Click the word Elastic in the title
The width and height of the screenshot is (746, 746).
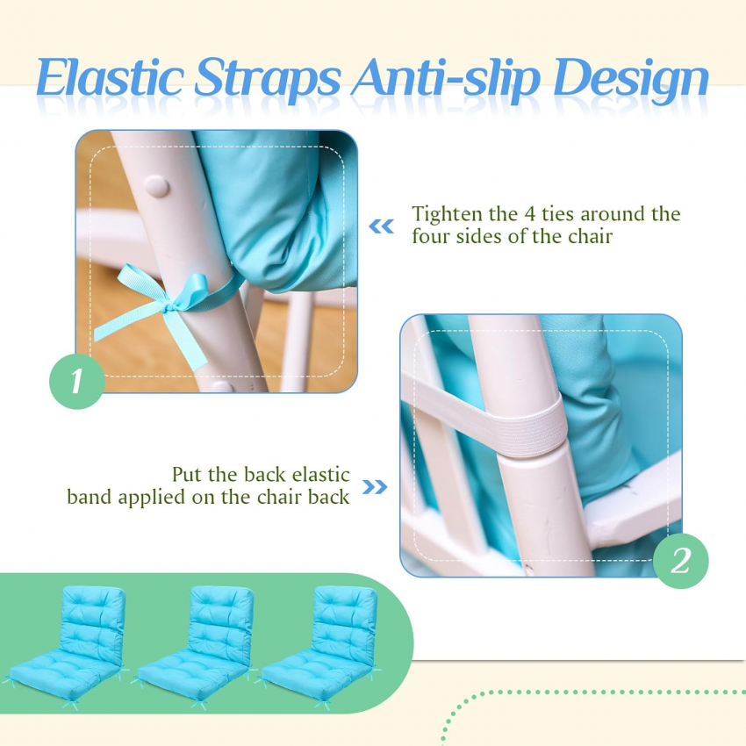[110, 77]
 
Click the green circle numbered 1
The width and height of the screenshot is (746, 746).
[77, 381]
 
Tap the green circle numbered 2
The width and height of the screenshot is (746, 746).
[680, 561]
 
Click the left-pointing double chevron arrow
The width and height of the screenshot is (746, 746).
[382, 226]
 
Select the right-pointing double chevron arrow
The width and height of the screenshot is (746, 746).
[375, 487]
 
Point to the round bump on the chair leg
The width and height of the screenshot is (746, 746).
[156, 186]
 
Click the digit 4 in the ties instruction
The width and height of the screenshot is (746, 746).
[530, 214]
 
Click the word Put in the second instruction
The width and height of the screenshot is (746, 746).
[187, 475]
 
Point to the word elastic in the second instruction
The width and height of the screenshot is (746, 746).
[320, 475]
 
